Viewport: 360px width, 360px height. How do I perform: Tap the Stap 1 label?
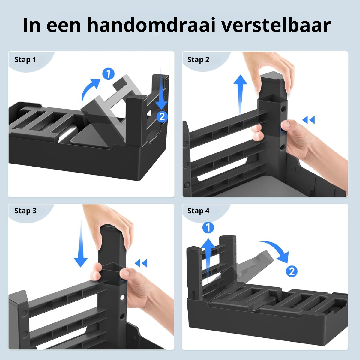[25, 60]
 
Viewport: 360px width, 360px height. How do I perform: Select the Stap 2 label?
[198, 60]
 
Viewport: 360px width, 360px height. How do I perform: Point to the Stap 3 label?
[25, 211]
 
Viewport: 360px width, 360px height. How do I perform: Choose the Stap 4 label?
[198, 211]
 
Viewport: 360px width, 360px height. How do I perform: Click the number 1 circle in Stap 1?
[108, 74]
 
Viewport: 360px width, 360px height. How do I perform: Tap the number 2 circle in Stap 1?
[162, 117]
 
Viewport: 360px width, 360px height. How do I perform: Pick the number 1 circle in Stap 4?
[208, 227]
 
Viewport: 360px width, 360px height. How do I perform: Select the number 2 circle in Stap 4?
[292, 271]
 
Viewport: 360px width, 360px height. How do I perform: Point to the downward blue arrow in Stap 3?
[81, 244]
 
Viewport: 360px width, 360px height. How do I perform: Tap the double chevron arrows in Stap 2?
[308, 120]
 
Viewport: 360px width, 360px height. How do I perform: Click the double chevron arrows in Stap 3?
[141, 263]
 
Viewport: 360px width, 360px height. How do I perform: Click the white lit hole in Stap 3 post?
[122, 298]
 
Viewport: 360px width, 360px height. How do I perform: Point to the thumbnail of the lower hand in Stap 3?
[126, 273]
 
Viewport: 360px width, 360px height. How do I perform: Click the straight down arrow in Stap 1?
[161, 90]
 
